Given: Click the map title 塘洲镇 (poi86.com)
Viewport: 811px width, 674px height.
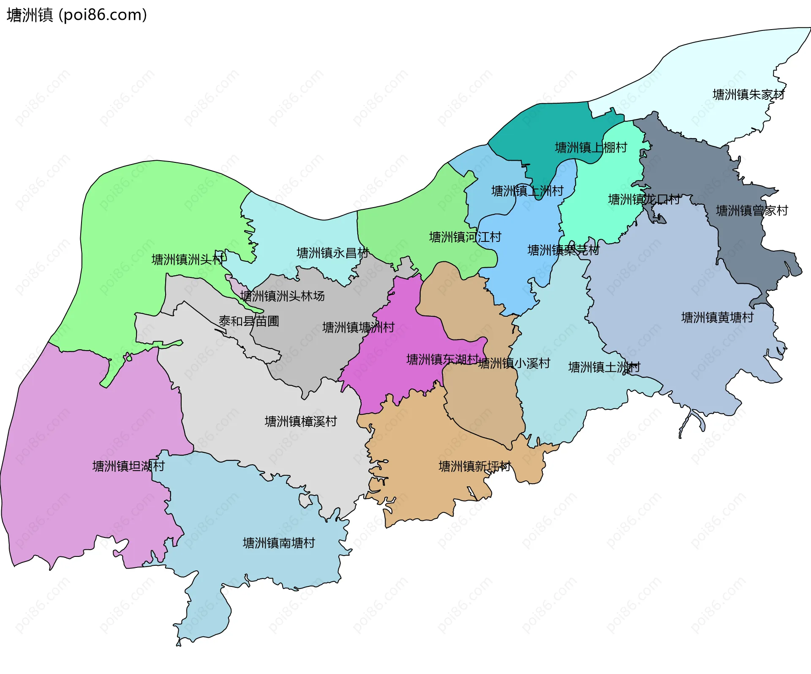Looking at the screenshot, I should click(77, 15).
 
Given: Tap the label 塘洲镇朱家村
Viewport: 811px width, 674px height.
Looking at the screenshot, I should click(748, 95).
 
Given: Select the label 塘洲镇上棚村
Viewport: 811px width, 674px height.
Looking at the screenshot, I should click(591, 148).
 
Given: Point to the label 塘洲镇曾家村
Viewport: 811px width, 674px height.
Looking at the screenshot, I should click(751, 211).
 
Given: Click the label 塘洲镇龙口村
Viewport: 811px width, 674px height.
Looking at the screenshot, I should click(644, 200).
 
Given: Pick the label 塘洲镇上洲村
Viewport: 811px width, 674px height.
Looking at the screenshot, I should click(527, 191).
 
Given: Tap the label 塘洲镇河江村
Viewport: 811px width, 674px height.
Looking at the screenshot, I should click(465, 237).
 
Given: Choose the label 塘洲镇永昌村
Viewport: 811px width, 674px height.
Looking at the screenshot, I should click(333, 253).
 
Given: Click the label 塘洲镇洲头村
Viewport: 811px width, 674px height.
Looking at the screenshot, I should click(188, 260).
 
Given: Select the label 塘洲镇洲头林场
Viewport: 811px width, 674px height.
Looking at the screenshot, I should click(282, 296).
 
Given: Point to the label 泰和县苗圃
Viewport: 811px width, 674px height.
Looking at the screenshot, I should click(249, 321).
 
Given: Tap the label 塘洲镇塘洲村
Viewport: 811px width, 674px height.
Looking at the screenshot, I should click(358, 328).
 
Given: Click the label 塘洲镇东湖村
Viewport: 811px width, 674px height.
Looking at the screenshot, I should click(442, 359).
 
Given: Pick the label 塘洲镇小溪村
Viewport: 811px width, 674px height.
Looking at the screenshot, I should click(514, 363).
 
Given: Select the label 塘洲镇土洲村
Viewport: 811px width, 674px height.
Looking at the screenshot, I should click(604, 367).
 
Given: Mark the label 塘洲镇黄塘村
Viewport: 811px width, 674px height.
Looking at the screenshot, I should click(717, 318).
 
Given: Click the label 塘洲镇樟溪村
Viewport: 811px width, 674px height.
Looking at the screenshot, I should click(301, 422).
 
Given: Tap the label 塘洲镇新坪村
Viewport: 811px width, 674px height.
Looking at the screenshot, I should click(475, 466).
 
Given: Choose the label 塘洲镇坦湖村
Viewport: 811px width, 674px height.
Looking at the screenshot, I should click(128, 466).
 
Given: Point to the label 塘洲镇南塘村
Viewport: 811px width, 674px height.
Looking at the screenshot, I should click(279, 543).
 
